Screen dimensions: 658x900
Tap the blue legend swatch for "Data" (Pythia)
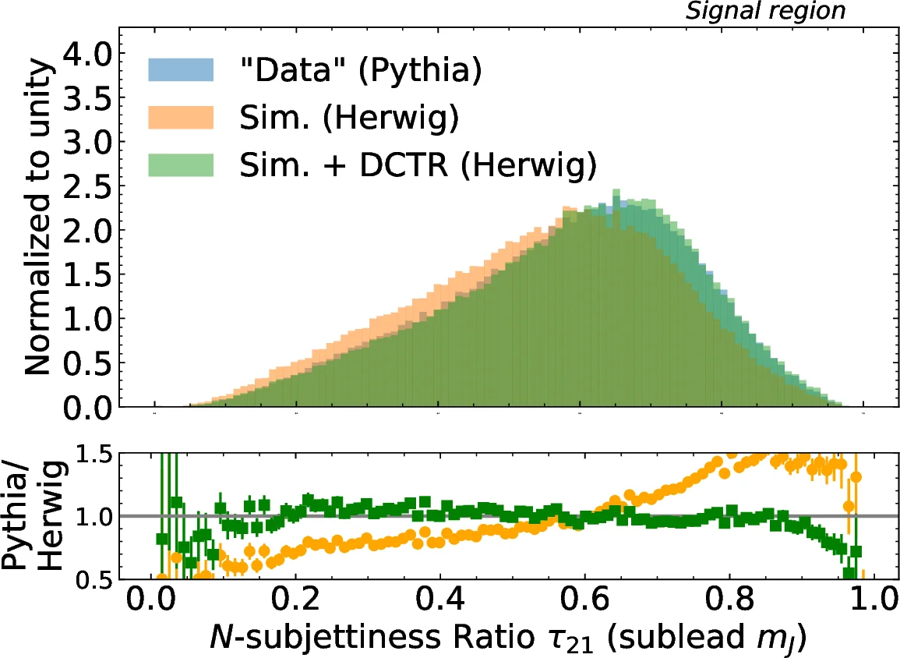coord(180,70)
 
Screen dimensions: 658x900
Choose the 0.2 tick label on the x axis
coord(297,604)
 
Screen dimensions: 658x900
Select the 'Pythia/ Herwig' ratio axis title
coord(32,516)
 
